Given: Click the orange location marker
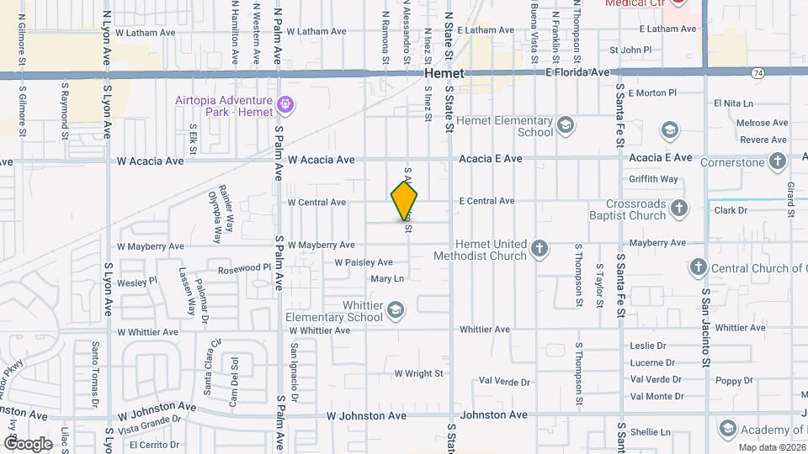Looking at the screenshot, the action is (404, 201).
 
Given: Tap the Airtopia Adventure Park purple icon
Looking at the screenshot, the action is (285, 105).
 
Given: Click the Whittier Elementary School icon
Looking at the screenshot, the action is (395, 311).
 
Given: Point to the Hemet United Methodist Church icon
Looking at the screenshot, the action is (539, 249).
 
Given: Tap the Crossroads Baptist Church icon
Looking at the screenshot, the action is (678, 209).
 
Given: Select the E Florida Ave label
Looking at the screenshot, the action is (577, 73).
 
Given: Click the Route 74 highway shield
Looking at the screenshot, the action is (758, 74).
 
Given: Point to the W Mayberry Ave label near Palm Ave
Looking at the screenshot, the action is (321, 245).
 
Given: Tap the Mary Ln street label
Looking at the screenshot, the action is (387, 278).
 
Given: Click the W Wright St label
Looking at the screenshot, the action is (418, 373).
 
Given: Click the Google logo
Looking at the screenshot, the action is (28, 443).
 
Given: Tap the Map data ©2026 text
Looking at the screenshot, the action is (770, 447).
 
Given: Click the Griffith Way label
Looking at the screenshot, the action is (654, 179).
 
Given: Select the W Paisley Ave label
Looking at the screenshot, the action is (364, 262).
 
